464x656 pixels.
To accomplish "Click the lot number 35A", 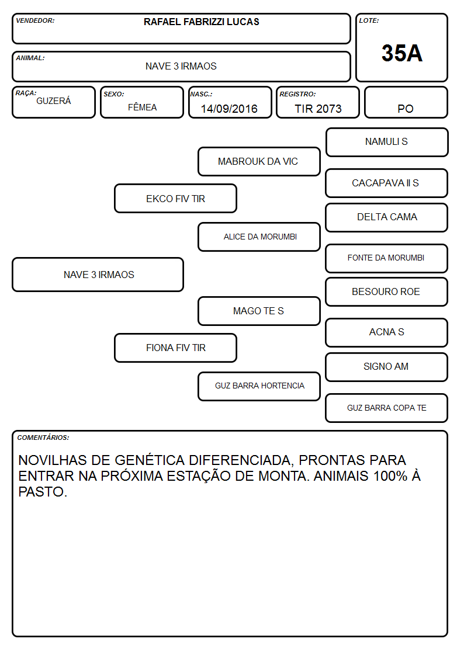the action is click(401, 53).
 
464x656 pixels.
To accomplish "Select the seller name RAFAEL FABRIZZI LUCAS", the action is click(201, 22).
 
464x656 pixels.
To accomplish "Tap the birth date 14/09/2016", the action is click(229, 109).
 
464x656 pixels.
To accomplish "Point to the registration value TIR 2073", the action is click(318, 109).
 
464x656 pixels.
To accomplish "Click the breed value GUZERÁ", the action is click(54, 101).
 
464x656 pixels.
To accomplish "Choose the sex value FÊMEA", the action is click(142, 107).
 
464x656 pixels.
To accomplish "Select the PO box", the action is click(406, 102).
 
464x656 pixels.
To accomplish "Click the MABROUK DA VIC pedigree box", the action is click(259, 161).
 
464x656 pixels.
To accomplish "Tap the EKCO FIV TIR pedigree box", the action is click(176, 199).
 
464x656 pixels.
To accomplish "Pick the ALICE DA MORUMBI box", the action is click(259, 237).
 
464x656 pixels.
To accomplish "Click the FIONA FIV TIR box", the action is click(176, 348).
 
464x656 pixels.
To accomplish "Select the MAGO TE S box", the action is click(259, 311).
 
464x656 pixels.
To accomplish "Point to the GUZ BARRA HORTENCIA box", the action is click(259, 386).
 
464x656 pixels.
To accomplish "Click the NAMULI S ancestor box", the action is click(387, 143).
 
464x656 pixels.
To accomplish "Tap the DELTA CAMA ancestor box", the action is click(387, 217).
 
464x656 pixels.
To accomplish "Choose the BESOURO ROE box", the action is click(387, 292).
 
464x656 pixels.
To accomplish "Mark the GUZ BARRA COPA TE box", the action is click(387, 408).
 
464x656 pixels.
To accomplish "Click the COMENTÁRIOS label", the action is click(43, 438).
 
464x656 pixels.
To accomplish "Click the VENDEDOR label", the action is click(35, 20).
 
